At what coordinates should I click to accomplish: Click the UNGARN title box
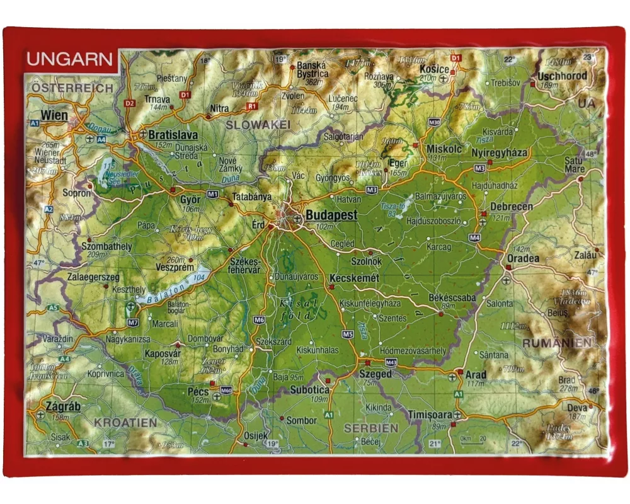(71, 60)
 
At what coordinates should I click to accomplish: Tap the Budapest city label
(331, 215)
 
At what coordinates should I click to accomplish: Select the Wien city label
(54, 115)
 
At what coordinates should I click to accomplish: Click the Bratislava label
(173, 135)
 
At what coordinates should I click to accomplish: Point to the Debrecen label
(512, 207)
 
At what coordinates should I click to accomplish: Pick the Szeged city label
(375, 374)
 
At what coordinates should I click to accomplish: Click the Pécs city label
(198, 391)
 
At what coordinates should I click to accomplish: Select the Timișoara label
(430, 415)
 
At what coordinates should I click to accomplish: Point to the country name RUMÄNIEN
(557, 342)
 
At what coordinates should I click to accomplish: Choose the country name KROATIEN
(125, 423)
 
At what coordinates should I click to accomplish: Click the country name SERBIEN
(370, 428)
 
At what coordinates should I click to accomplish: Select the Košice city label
(435, 69)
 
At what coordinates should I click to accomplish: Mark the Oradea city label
(522, 258)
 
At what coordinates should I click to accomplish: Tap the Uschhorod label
(562, 76)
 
